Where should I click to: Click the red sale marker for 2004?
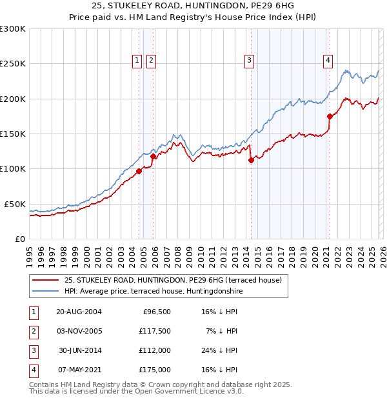click(x=139, y=171)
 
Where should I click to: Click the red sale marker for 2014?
click(x=252, y=161)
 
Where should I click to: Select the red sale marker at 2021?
click(x=330, y=117)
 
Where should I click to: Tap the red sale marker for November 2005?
click(x=153, y=156)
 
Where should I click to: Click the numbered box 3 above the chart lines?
click(x=249, y=61)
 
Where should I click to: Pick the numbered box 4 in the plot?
click(x=328, y=61)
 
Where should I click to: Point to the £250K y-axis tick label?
click(x=13, y=64)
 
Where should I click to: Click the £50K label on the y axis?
click(x=15, y=204)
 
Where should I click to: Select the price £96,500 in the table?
click(x=155, y=312)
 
